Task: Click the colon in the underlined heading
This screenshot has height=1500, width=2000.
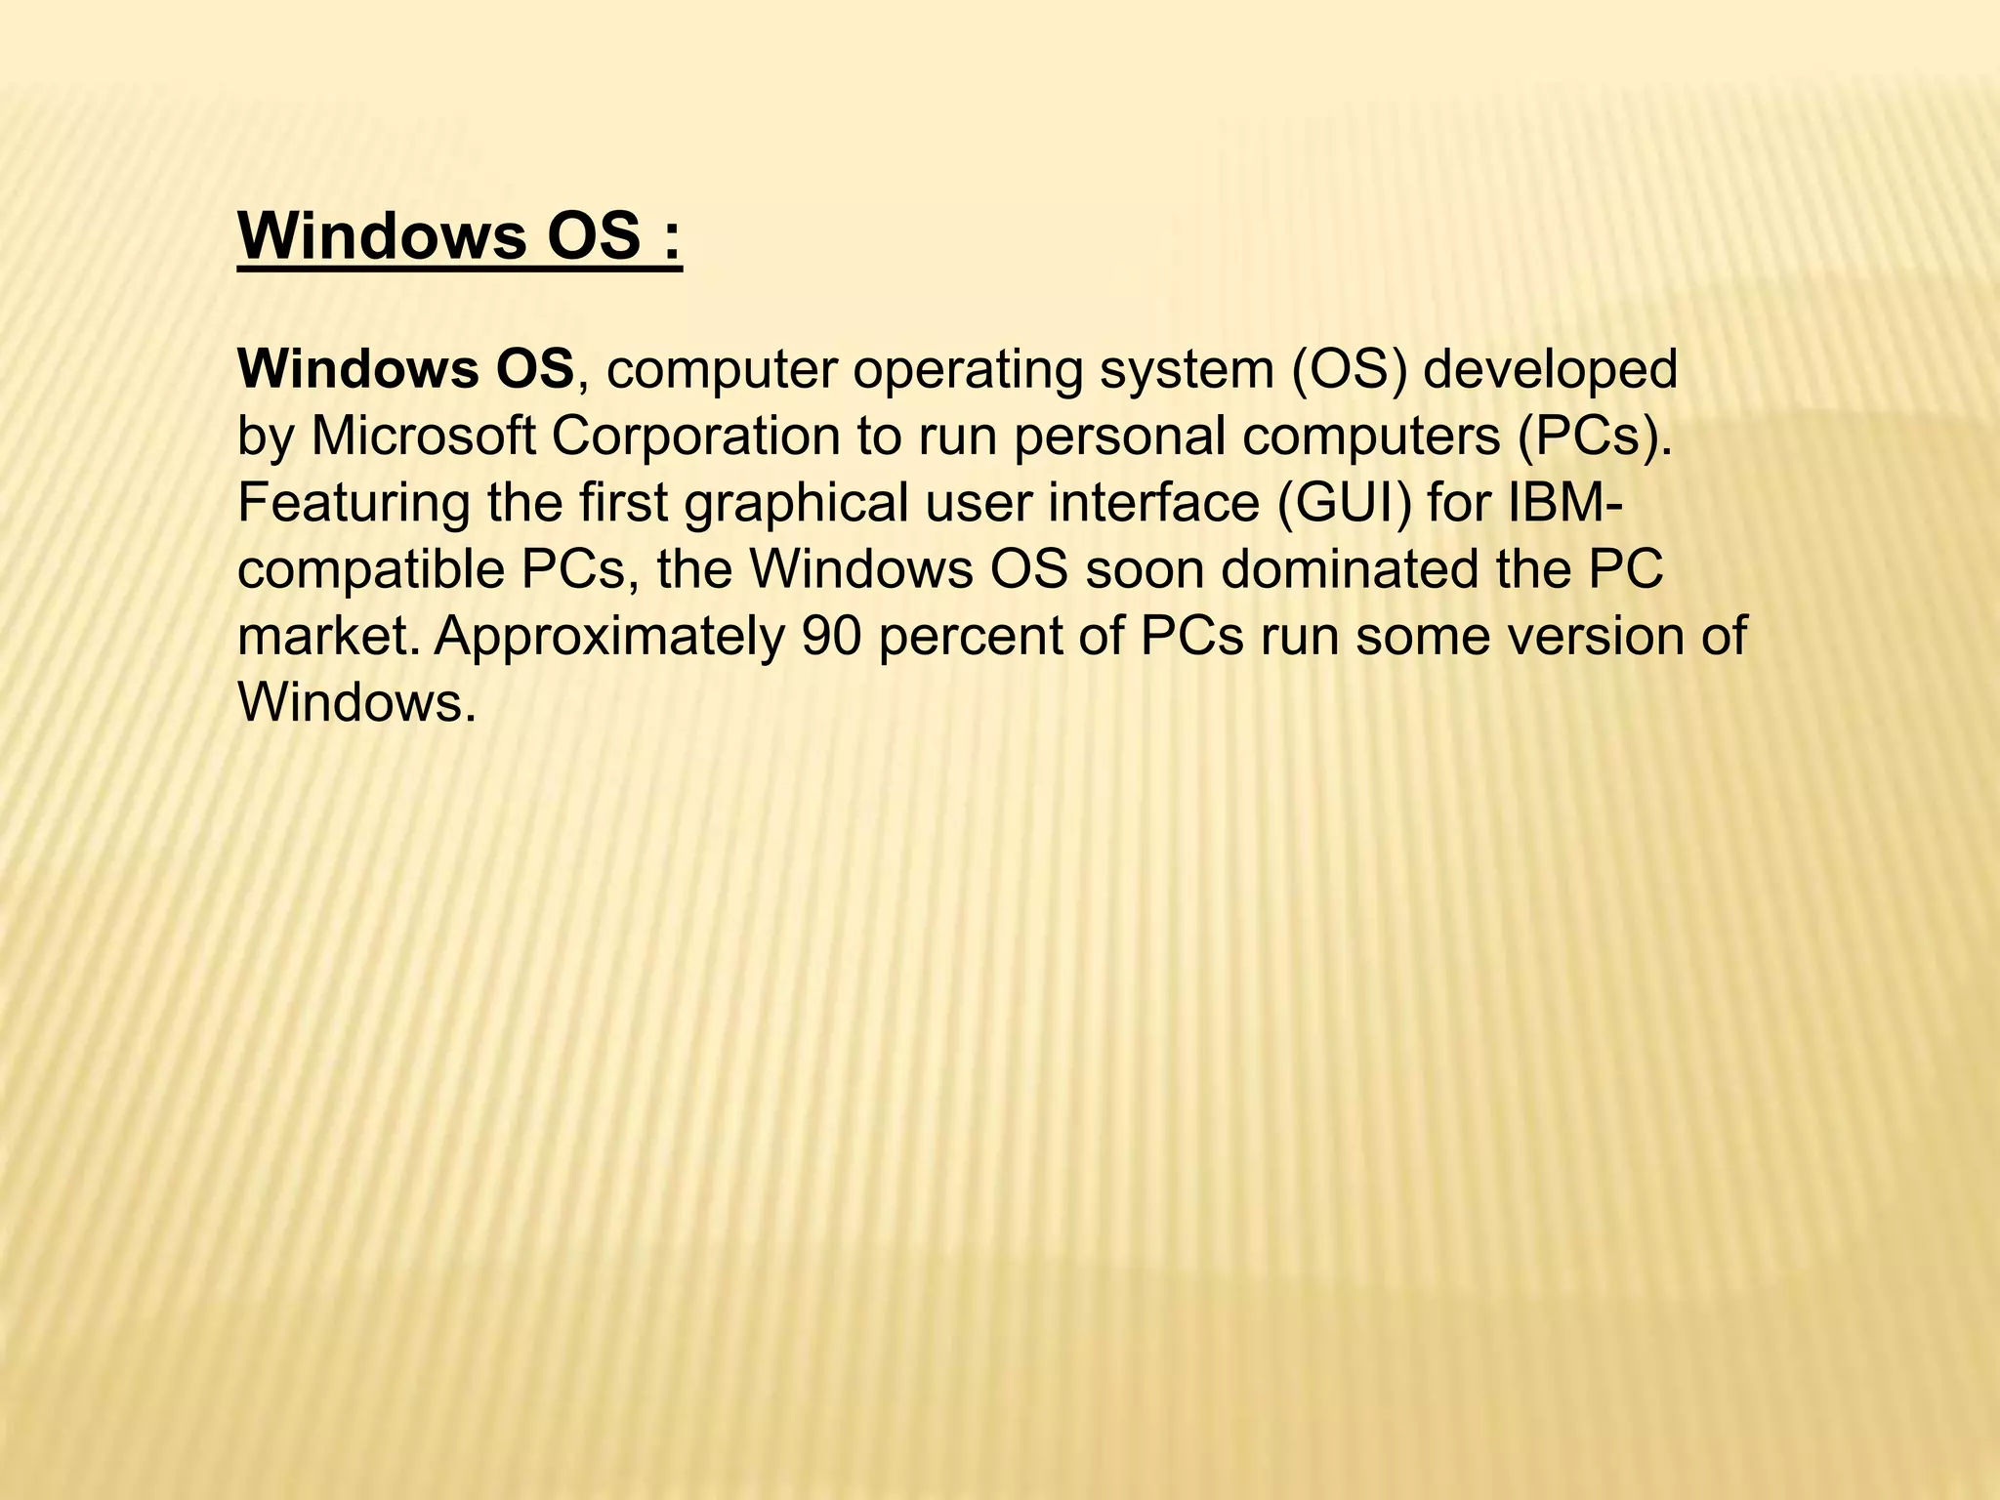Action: [670, 239]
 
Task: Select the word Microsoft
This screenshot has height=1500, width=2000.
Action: [423, 437]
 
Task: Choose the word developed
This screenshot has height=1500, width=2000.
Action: [1550, 371]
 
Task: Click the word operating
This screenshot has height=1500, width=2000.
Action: [968, 371]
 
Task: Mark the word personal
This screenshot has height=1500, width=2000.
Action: [1119, 437]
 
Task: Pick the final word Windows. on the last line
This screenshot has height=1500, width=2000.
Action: [356, 702]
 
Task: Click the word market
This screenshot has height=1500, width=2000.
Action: [327, 636]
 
